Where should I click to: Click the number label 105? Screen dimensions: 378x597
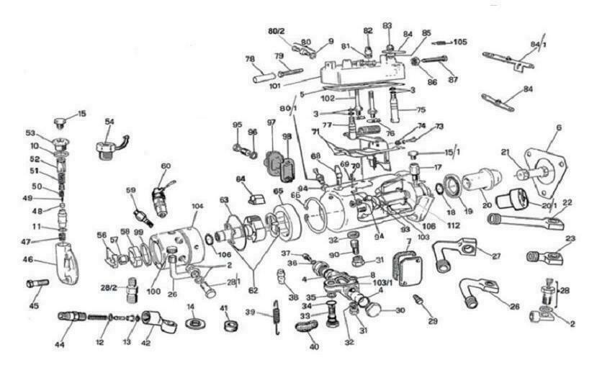tap(460, 42)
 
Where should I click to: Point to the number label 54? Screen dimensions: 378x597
tap(109, 122)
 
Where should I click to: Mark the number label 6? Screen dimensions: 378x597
tap(558, 127)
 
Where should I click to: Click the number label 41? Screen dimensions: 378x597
tap(224, 308)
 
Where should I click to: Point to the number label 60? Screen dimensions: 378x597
tap(166, 166)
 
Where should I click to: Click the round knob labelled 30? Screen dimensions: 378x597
tap(374, 309)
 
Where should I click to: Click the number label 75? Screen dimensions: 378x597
tap(421, 109)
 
